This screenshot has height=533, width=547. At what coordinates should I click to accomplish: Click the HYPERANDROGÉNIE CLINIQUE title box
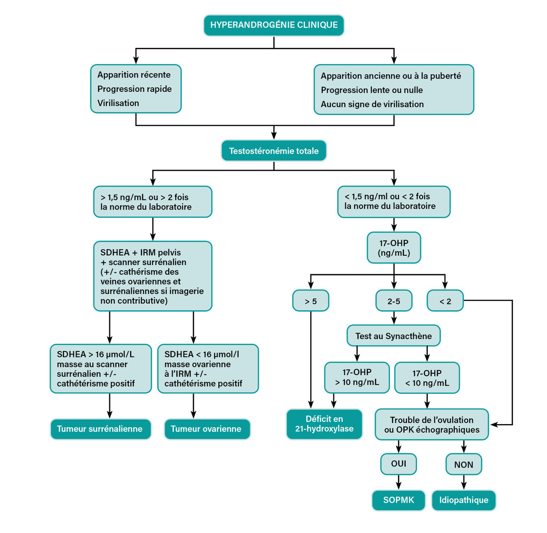coord(274,25)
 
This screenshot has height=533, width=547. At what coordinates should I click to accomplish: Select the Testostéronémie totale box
coord(274,151)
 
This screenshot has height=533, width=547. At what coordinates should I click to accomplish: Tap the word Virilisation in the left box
coord(118,103)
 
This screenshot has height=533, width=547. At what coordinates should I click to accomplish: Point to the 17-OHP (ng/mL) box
coord(394,248)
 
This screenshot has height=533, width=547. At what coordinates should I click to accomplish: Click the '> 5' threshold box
coord(311,301)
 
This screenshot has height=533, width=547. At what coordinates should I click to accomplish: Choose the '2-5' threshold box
coord(394,301)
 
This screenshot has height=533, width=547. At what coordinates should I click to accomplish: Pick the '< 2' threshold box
coord(445,301)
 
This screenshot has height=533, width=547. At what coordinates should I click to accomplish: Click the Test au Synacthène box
coord(394,336)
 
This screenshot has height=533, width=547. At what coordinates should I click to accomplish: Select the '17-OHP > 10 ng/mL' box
coord(357,378)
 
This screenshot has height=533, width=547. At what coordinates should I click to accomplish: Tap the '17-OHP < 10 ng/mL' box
coord(427,378)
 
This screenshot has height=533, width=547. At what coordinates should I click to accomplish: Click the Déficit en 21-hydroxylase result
coord(324,424)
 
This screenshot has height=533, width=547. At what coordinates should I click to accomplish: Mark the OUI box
coord(399,464)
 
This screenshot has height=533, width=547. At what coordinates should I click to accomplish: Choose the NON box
coord(464,465)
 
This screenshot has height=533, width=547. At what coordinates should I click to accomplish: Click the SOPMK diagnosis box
coord(399,500)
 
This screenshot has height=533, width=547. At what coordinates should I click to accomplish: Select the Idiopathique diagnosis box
coord(464,500)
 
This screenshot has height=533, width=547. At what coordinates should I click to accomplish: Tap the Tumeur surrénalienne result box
coord(100,429)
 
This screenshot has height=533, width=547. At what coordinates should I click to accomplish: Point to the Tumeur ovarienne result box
coord(206,429)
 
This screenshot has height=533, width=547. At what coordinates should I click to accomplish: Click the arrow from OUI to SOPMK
coord(399,482)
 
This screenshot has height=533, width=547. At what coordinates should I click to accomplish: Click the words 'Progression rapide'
coord(135,89)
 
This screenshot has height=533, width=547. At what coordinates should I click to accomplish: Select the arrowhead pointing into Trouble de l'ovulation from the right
coord(494,425)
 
